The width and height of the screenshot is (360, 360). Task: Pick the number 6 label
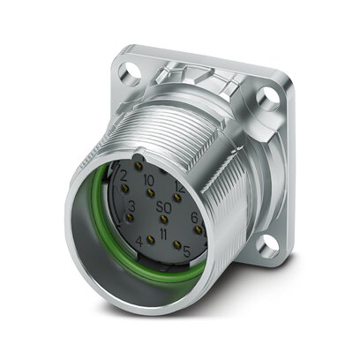coord(194,216)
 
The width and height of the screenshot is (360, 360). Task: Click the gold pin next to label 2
coord(124,189)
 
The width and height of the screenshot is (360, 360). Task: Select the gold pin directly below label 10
coord(151,191)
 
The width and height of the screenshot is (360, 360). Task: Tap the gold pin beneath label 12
coord(177,198)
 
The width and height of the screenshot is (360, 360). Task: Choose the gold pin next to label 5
coord(177,244)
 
